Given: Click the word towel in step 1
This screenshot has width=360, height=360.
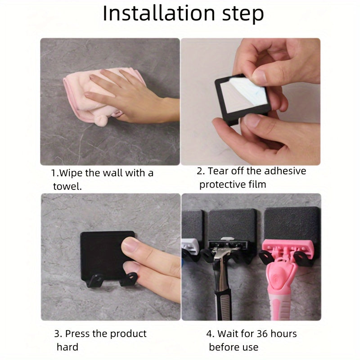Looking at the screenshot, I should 67,186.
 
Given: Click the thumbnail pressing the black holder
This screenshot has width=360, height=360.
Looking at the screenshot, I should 132,247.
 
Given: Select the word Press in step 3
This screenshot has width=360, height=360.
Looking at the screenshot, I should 77,333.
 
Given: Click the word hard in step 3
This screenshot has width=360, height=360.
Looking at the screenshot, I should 67,347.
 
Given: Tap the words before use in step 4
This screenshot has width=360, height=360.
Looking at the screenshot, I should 234,347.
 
